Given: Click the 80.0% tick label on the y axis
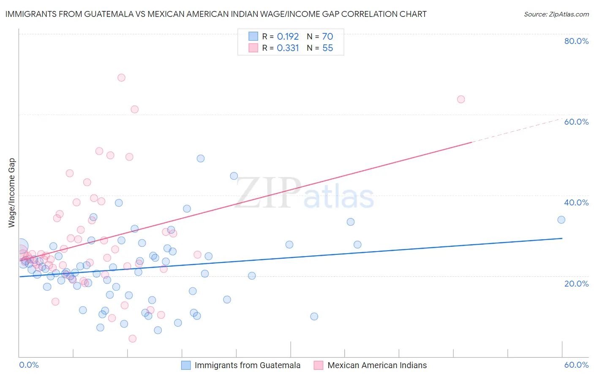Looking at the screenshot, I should (576, 41).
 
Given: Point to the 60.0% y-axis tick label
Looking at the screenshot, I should (576, 122).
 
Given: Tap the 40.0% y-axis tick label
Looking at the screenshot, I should (576, 202).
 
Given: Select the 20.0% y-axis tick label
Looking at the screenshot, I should (576, 284).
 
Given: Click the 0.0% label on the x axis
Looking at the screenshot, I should (29, 365).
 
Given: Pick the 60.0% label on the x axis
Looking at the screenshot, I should (576, 365).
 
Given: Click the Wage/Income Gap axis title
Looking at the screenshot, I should (12, 193).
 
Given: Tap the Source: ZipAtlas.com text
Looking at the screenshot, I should (556, 14).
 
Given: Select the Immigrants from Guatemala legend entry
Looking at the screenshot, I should (247, 365).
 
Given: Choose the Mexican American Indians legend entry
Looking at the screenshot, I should (377, 365).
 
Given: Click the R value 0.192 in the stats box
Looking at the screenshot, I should (288, 37).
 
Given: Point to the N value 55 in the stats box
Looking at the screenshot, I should (328, 48).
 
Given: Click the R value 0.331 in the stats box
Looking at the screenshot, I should (288, 48).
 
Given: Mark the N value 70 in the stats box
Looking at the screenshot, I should (328, 37).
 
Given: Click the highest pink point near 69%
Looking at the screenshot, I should (121, 77).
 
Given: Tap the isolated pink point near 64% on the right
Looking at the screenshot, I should (461, 99).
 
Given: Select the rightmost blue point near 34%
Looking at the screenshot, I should (561, 220).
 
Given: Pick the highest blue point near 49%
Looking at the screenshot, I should (201, 158).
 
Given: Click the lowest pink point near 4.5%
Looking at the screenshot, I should (132, 339).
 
